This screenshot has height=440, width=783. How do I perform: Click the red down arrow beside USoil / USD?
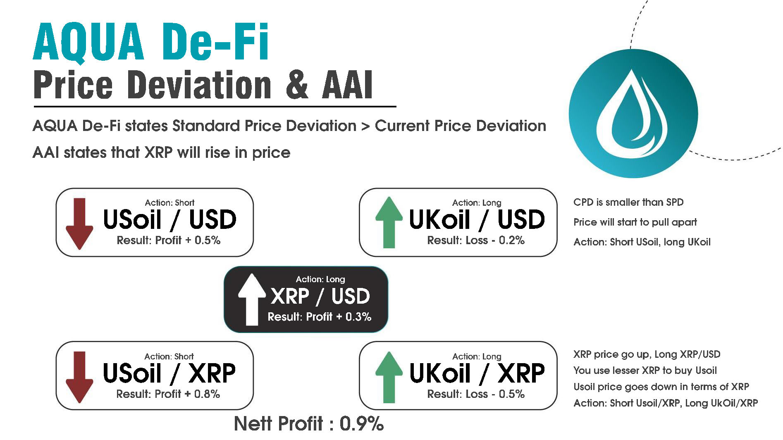(79, 224)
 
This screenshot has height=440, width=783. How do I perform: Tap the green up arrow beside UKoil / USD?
(389, 223)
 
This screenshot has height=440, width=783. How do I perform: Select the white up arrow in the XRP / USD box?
(252, 299)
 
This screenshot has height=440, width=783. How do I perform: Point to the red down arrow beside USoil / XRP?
(79, 377)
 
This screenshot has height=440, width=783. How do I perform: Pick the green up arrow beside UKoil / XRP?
(389, 377)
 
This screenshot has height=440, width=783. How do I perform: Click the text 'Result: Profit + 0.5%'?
(169, 240)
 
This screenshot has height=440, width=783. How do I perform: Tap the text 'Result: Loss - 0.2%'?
(476, 240)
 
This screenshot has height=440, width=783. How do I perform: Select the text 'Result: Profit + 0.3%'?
(320, 317)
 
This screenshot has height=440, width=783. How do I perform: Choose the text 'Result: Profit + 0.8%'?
(168, 394)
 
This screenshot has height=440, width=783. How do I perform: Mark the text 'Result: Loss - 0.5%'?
(476, 394)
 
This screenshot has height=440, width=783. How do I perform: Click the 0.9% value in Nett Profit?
(362, 424)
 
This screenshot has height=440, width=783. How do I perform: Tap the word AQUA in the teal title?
(88, 43)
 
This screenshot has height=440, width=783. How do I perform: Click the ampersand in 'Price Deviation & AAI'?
(297, 85)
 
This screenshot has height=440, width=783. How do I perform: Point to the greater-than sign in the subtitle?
(365, 126)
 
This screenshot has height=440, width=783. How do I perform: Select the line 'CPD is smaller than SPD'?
(628, 202)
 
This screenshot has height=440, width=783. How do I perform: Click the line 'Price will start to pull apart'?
(635, 222)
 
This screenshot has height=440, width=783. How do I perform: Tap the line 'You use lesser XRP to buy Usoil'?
(645, 371)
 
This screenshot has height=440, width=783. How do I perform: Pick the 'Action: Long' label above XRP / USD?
(320, 279)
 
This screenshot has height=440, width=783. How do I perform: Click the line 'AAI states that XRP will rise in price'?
(161, 153)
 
